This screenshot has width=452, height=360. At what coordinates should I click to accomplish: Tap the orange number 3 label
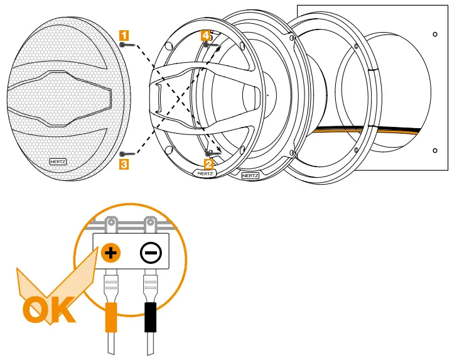124,164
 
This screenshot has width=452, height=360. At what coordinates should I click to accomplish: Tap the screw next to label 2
213,152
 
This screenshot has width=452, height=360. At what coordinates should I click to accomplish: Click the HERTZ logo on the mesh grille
58,161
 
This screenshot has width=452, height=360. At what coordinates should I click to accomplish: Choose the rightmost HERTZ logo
250,175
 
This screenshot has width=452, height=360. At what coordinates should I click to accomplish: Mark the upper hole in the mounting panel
435,33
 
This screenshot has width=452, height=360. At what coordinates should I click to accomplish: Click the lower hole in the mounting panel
434,150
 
